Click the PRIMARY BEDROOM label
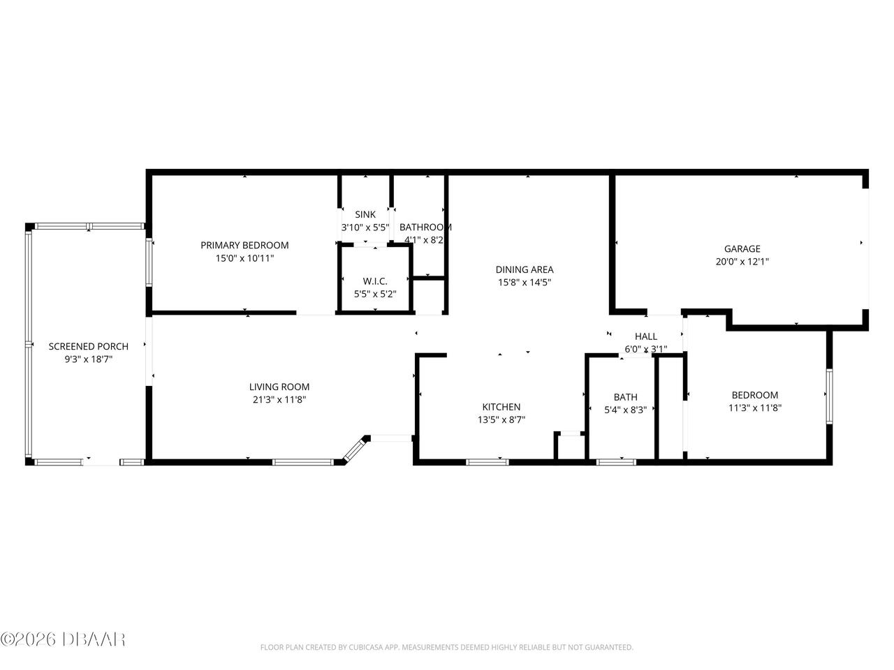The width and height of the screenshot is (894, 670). tap(244, 245)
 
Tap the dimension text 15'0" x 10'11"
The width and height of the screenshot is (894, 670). tap(244, 258)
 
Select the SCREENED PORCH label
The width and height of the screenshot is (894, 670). tap(88, 346)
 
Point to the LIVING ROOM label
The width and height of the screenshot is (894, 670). tap(279, 387)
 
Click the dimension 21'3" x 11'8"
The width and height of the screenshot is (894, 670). tap(279, 400)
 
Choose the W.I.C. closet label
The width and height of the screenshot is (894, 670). tap(375, 281)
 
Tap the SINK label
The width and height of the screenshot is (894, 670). tap(365, 214)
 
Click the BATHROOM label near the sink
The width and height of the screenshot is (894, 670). tap(425, 227)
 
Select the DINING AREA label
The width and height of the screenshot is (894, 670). tap(525, 269)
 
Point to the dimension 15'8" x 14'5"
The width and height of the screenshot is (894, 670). tap(525, 283)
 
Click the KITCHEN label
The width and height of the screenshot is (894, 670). tap(501, 407)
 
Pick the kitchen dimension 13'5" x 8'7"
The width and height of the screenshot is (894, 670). tap(501, 420)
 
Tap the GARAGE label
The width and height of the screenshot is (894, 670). tap(742, 248)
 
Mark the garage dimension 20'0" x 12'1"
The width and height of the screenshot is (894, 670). tap(742, 262)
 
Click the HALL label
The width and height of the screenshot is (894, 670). tap(645, 336)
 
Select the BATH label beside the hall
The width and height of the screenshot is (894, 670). tap(625, 397)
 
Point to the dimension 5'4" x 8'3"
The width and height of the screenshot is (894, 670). tap(625, 410)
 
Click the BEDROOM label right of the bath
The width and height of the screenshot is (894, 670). tap(754, 395)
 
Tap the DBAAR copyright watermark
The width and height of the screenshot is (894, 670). tap(63, 639)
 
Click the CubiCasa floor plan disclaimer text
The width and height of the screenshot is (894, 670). tap(446, 648)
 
